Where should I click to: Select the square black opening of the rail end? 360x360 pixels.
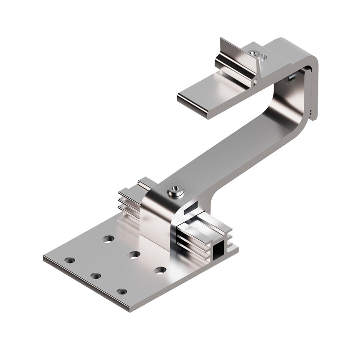(219, 251)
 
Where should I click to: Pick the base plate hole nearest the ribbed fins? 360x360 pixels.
(108, 239)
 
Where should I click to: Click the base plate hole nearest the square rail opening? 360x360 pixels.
(160, 270)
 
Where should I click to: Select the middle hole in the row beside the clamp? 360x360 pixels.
(134, 254)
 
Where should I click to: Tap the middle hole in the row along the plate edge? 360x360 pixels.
(95, 276)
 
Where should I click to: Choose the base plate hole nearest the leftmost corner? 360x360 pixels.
(70, 260)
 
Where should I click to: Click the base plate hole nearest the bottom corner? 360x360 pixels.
(122, 292)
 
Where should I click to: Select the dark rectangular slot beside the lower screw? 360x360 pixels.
(191, 207)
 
